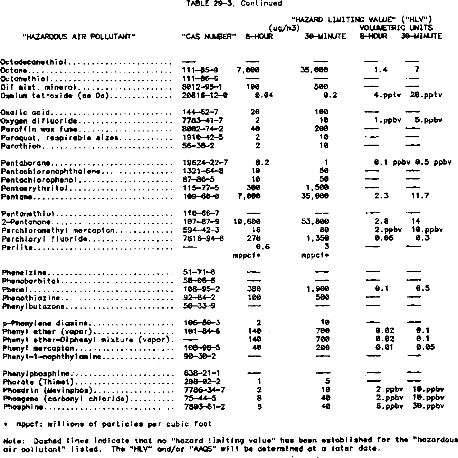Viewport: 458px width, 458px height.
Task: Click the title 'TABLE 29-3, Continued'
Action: tap(234, 3)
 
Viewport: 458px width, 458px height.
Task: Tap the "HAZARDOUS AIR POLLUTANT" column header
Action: tap(79, 36)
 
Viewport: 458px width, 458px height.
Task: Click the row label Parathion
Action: tap(21, 146)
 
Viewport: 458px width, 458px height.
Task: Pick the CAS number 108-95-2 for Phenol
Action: tap(201, 289)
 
